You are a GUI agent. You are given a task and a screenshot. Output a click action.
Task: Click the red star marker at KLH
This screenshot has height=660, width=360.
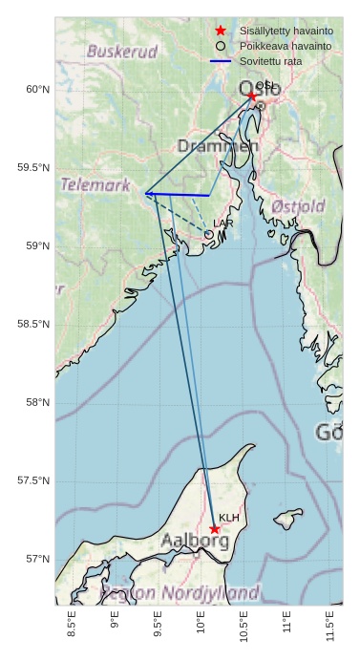(214, 529)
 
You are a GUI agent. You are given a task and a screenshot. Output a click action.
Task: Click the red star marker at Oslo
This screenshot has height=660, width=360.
(251, 96)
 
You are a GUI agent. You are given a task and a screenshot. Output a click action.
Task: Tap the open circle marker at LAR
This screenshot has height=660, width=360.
(208, 234)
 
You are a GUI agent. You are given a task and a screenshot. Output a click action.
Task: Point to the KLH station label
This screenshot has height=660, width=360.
(228, 518)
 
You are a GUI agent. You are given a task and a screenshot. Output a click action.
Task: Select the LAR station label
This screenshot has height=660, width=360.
(222, 224)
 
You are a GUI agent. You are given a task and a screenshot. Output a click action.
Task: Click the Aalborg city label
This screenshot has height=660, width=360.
(194, 542)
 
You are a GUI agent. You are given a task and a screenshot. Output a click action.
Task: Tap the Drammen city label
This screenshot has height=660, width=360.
(218, 146)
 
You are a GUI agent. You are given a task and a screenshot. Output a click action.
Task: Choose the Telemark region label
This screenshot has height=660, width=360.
(95, 185)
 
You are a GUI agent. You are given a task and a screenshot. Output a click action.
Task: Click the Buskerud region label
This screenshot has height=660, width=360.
(121, 52)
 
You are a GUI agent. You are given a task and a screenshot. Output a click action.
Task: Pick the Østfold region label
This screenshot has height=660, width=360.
(298, 206)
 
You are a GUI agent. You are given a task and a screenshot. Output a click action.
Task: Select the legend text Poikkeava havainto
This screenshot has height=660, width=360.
(286, 46)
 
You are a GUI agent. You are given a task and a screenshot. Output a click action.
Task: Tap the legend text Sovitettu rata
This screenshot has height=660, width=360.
(270, 61)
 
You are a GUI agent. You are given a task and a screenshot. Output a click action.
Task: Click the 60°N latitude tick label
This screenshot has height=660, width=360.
(37, 90)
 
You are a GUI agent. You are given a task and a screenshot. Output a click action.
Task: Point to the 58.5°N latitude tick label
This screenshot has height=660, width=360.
(33, 325)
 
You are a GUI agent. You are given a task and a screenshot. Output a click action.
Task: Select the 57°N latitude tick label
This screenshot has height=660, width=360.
(37, 559)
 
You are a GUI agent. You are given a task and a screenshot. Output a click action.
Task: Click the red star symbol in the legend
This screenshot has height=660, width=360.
(221, 31)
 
